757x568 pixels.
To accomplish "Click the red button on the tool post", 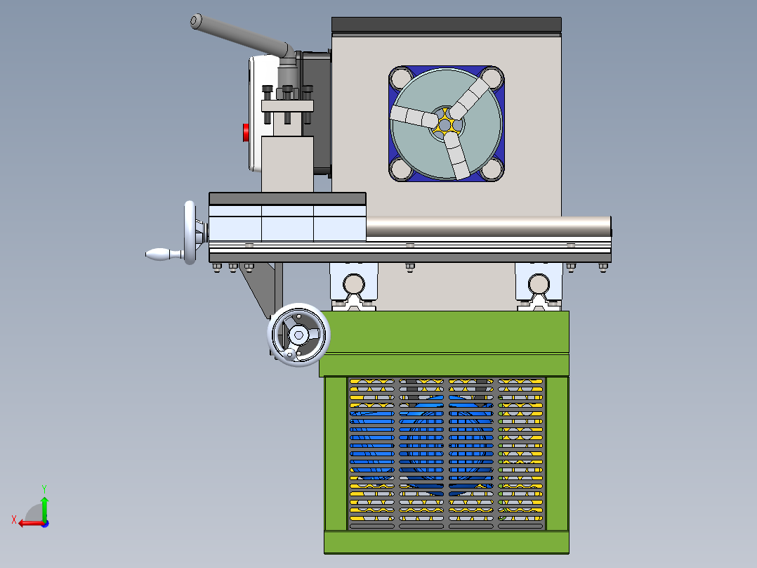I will click(x=246, y=132).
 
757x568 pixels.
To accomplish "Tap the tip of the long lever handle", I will click(x=196, y=22).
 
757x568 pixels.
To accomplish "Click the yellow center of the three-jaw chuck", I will click(x=445, y=124).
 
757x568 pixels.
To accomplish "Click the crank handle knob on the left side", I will click(x=159, y=254).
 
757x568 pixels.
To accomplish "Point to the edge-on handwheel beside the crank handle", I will click(x=190, y=233).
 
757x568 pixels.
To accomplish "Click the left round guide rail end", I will click(x=353, y=283).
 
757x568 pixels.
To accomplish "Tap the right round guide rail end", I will click(x=539, y=283).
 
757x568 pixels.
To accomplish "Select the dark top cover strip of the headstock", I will click(x=447, y=25).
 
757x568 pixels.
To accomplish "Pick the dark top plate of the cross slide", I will click(x=287, y=199).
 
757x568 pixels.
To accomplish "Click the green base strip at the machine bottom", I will click(x=446, y=542).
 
